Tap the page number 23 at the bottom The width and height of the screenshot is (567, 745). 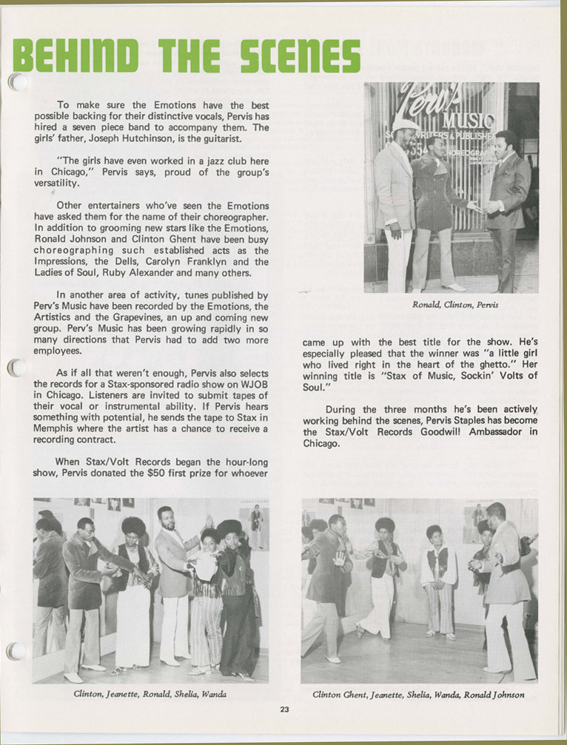tap(284, 709)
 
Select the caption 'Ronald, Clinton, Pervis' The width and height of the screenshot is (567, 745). tap(451, 304)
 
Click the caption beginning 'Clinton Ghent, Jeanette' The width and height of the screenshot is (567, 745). tap(418, 695)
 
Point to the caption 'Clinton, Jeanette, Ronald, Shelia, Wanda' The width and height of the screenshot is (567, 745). tap(150, 695)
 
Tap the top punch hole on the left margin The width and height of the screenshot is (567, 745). tap(16, 81)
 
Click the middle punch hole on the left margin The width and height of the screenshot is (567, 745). tap(16, 367)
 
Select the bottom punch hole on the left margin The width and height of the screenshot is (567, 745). tap(16, 651)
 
